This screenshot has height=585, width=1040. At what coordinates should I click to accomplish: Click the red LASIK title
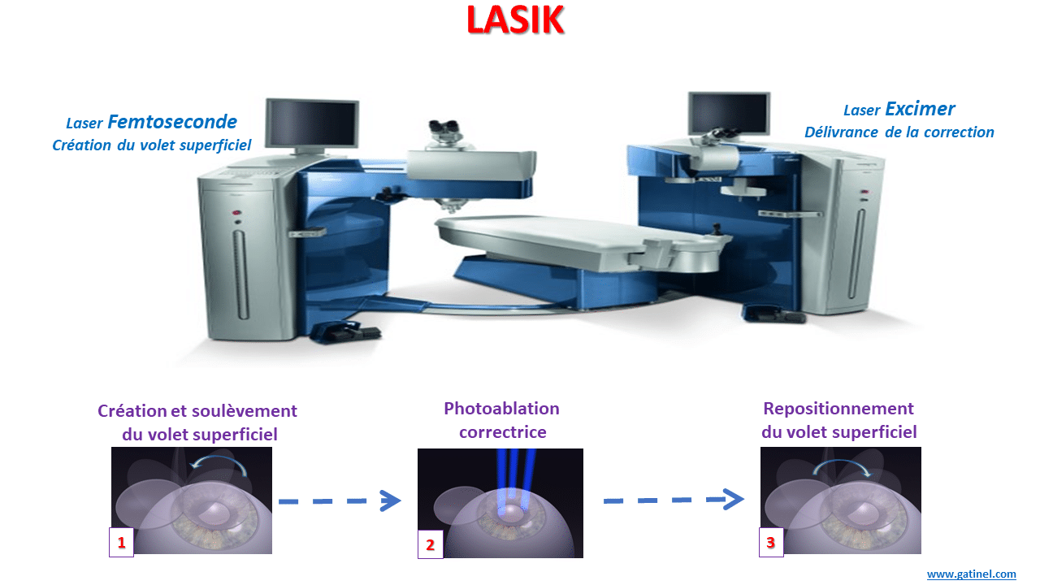pyautogui.click(x=515, y=20)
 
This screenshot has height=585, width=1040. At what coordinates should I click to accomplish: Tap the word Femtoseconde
pyautogui.click(x=172, y=122)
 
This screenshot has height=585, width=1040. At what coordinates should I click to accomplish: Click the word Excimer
pyautogui.click(x=920, y=109)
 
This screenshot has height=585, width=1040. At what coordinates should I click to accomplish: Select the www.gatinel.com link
pyautogui.click(x=971, y=574)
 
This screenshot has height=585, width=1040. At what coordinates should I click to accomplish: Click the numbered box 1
pyautogui.click(x=121, y=542)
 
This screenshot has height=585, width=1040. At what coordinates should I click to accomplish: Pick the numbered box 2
pyautogui.click(x=431, y=544)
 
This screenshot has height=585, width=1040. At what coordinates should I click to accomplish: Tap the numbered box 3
pyautogui.click(x=771, y=542)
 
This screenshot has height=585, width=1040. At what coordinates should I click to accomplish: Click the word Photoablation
pyautogui.click(x=501, y=409)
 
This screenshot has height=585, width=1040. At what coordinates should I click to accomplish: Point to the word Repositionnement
pyautogui.click(x=838, y=409)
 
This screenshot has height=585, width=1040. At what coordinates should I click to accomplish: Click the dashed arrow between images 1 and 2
pyautogui.click(x=340, y=501)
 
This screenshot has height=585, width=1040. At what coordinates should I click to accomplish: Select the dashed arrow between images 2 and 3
pyautogui.click(x=674, y=500)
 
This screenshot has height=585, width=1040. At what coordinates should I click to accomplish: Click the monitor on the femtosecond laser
pyautogui.click(x=312, y=123)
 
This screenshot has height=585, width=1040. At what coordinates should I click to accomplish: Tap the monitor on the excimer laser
pyautogui.click(x=729, y=113)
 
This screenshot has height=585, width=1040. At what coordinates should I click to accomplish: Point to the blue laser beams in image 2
pyautogui.click(x=514, y=483)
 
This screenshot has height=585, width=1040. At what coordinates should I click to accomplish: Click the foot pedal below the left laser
pyautogui.click(x=344, y=332)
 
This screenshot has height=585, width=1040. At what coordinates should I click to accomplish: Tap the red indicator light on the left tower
pyautogui.click(x=236, y=213)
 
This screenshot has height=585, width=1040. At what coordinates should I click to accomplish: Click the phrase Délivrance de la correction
pyautogui.click(x=899, y=132)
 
